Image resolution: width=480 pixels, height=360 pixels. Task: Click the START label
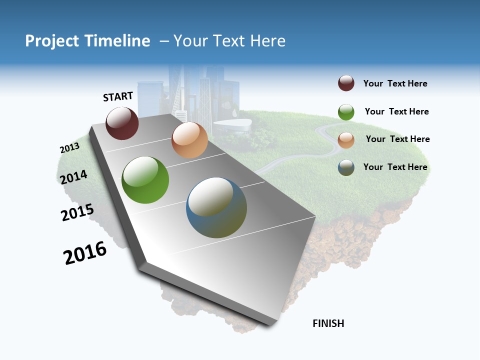click(118, 96)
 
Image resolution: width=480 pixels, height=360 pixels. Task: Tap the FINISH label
click(328, 323)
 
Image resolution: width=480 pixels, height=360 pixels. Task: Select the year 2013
click(69, 148)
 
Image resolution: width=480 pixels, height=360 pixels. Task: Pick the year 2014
click(73, 177)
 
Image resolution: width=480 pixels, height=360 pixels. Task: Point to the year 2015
click(77, 212)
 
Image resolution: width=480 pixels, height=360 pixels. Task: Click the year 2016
click(85, 253)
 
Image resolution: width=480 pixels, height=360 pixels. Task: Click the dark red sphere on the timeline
click(122, 123)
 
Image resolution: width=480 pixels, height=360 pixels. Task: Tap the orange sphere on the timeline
click(189, 140)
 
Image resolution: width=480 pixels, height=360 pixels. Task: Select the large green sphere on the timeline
click(145, 180)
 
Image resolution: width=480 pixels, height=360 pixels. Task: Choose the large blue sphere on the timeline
click(216, 207)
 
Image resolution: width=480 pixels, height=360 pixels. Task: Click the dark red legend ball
click(346, 83)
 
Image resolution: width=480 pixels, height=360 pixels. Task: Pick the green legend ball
click(346, 112)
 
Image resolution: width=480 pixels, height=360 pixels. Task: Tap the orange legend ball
click(346, 140)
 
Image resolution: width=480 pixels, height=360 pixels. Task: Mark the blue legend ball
click(346, 167)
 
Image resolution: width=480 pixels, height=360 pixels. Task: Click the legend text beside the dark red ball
click(395, 84)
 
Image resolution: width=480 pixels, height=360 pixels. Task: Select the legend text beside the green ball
click(396, 111)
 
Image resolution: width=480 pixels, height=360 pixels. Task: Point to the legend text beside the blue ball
click(395, 167)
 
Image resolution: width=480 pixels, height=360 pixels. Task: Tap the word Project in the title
click(52, 41)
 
